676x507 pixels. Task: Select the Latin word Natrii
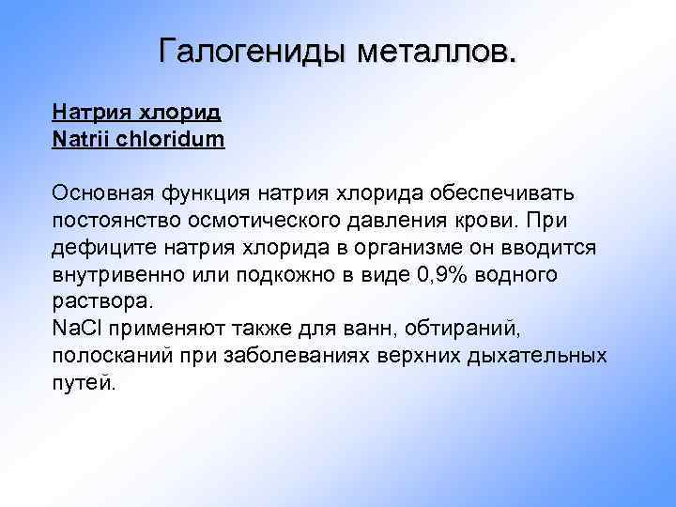[x=83, y=140]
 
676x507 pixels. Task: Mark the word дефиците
[x=94, y=248]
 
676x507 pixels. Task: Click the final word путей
[x=84, y=384]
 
